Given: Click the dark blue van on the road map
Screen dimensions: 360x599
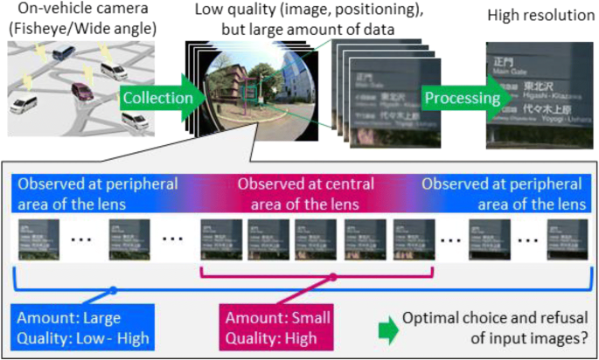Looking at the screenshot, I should tap(63, 54).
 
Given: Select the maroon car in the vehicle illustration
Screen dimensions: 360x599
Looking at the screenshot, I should tap(80, 90).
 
